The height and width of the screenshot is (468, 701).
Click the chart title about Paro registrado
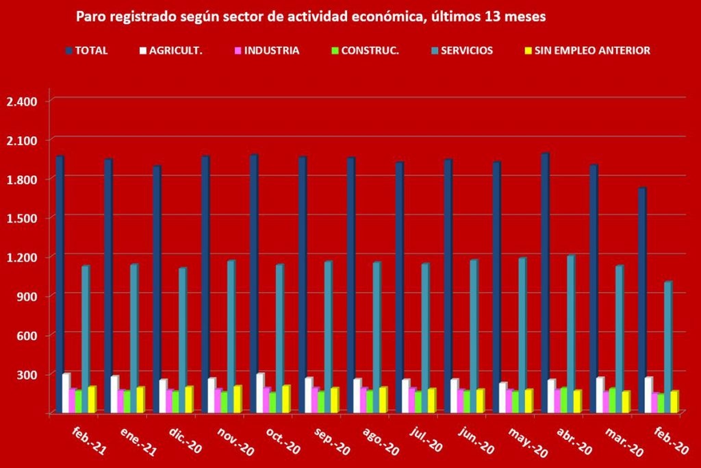pyautogui.click(x=310, y=17)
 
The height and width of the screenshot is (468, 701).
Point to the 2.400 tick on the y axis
pyautogui.click(x=21, y=101)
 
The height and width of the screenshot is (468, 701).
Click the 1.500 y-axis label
pyautogui.click(x=21, y=218)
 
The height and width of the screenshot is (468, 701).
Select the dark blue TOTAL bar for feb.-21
pyautogui.click(x=60, y=284)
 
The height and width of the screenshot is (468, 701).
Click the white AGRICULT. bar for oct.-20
pyautogui.click(x=260, y=393)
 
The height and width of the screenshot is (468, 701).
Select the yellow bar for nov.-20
pyautogui.click(x=237, y=399)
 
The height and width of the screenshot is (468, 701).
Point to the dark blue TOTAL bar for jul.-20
pyautogui.click(x=399, y=287)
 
